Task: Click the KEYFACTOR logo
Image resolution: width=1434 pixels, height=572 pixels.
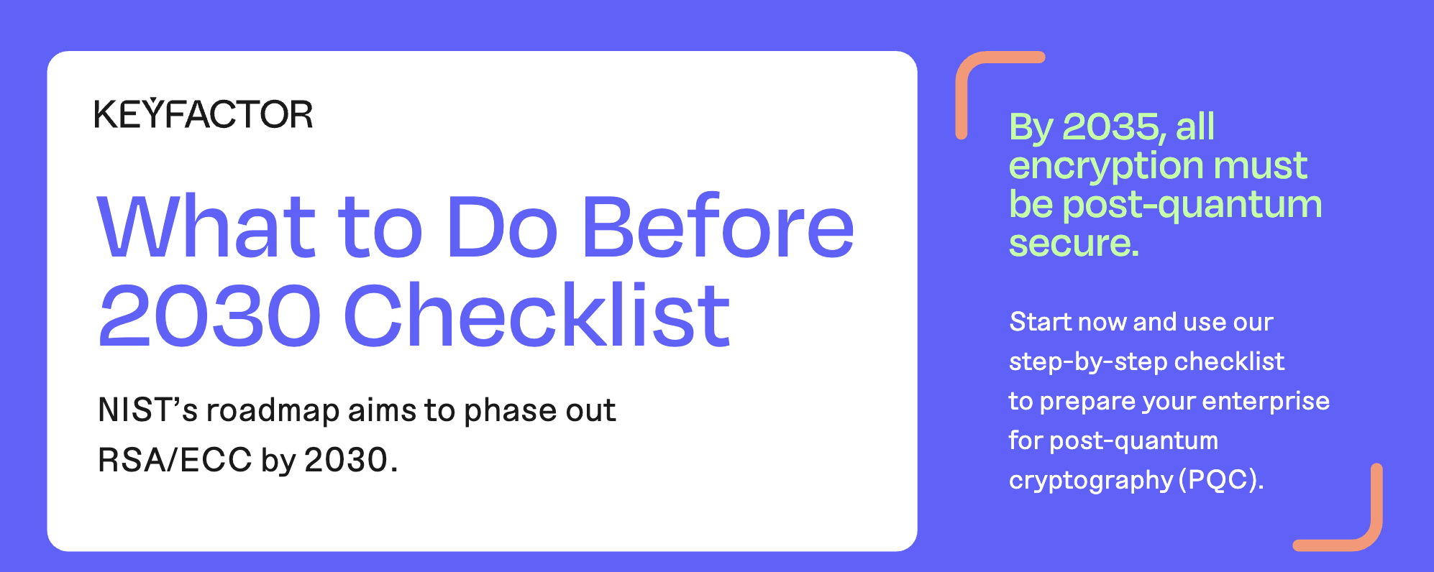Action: pyautogui.click(x=204, y=114)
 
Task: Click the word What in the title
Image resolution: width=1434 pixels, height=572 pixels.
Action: pyautogui.click(x=206, y=226)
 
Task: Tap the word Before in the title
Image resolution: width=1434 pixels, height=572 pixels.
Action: pyautogui.click(x=718, y=226)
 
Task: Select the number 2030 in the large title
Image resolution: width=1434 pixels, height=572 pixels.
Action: pyautogui.click(x=209, y=315)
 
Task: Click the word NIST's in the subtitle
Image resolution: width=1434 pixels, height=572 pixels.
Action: pyautogui.click(x=147, y=410)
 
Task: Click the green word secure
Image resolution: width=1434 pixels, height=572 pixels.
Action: pyautogui.click(x=1074, y=243)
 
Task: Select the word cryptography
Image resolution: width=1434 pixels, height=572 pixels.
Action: pyautogui.click(x=1090, y=481)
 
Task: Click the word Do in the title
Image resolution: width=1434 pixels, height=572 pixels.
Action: pyautogui.click(x=502, y=226)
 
